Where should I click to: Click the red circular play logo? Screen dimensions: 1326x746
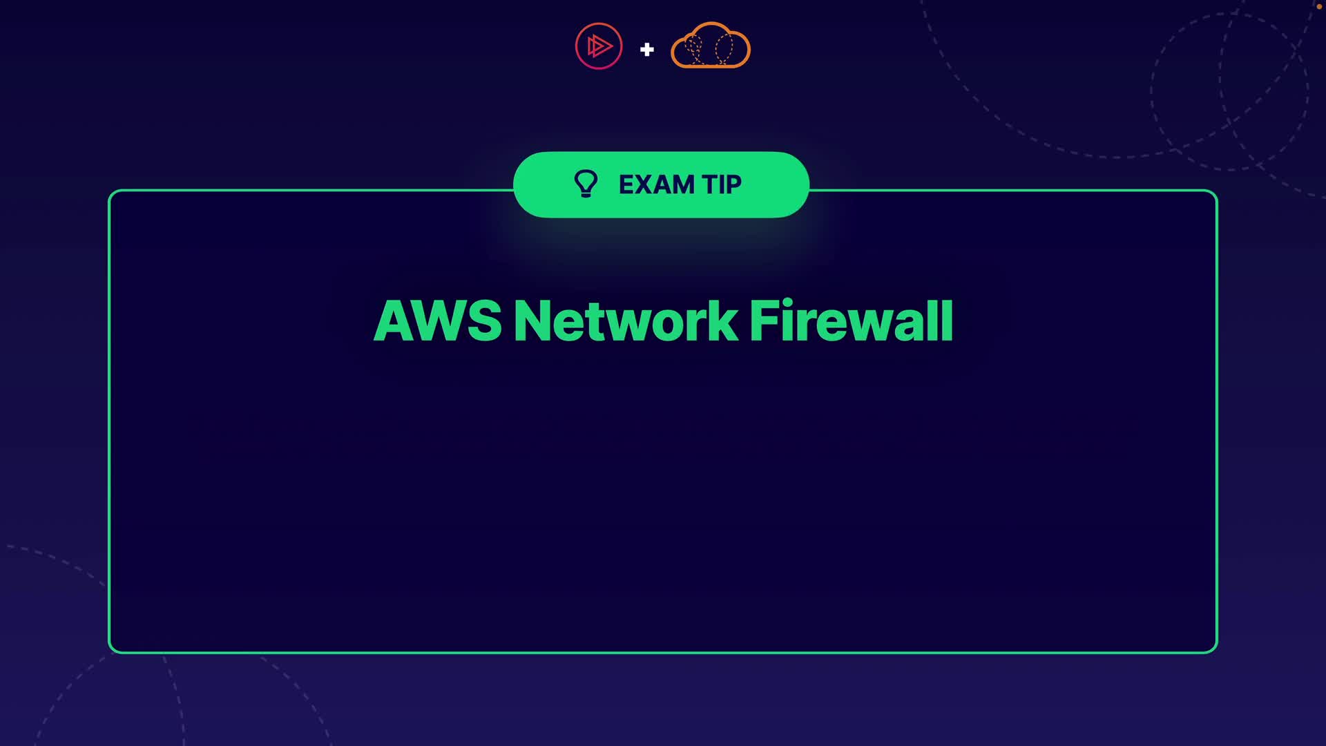coord(599,46)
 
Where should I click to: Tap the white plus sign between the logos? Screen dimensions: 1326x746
coord(647,50)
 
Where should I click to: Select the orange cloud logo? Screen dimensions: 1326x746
coord(711,46)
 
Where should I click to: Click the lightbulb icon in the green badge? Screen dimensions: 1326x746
coord(586,184)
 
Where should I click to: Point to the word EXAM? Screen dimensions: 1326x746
coord(656,184)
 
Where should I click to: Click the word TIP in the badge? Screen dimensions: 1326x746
coord(722,184)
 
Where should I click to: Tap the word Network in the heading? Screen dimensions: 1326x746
coord(626,321)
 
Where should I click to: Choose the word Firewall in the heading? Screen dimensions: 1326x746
coord(852,321)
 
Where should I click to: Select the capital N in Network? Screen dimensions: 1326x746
coord(532,321)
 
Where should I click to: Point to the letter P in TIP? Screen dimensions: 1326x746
coord(733,184)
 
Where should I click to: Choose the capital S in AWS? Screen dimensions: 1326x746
coord(483,321)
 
